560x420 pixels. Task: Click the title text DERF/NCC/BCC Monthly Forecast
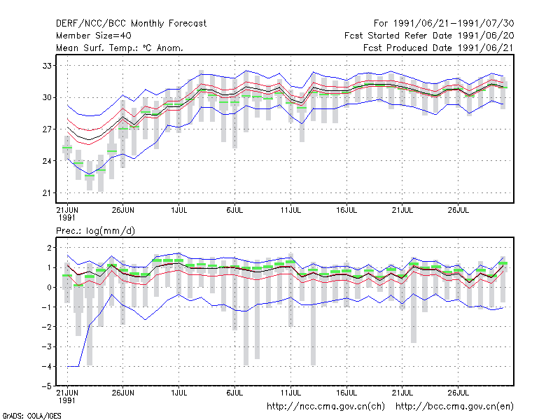click(131, 24)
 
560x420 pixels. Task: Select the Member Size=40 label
click(94, 36)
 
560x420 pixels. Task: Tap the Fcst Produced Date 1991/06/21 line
click(439, 48)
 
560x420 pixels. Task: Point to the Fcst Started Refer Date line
click(429, 36)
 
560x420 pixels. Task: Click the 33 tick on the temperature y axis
click(47, 66)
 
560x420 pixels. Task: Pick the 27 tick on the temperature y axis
click(47, 129)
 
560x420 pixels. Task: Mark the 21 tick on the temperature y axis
click(47, 193)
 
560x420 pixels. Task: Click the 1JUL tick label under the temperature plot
click(179, 210)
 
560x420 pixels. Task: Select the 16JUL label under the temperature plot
click(346, 210)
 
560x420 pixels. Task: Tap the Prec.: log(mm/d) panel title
click(95, 231)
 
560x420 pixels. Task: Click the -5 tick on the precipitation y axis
click(47, 386)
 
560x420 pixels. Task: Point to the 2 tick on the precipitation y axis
click(49, 248)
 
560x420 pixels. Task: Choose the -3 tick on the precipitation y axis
click(47, 346)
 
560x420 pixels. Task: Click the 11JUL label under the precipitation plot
click(290, 393)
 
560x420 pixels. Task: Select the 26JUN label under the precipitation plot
click(123, 393)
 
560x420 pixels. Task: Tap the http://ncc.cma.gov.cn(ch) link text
click(325, 407)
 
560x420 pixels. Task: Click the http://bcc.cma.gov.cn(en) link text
click(454, 407)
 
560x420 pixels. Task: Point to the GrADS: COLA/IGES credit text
click(31, 416)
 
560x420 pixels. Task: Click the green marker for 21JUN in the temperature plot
click(67, 148)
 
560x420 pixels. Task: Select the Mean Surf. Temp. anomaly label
click(120, 48)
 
